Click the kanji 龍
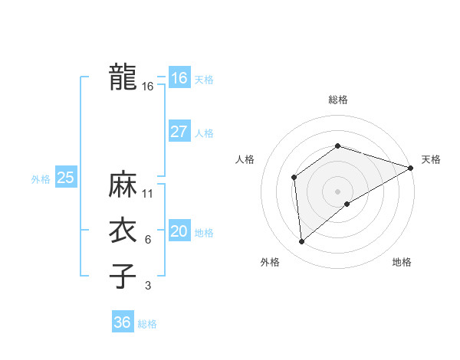point(123,77)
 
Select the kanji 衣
point(123,231)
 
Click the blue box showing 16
point(179,78)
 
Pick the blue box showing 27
point(179,132)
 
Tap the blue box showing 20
point(179,231)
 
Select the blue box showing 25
point(65,178)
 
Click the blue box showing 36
point(122,322)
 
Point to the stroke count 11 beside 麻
point(148,193)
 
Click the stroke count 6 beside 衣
point(148,240)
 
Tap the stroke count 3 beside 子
point(148,286)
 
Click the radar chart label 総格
point(337,100)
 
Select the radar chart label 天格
point(431,159)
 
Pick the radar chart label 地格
point(402,262)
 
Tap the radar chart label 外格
point(270,262)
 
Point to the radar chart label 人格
point(245,159)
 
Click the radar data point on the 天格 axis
point(411,167)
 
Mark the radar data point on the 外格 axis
point(302,241)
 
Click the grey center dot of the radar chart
point(337,191)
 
